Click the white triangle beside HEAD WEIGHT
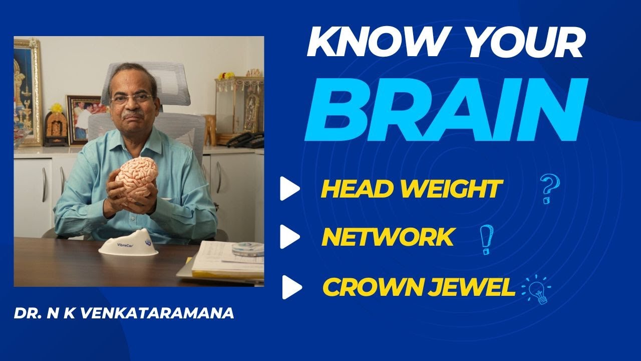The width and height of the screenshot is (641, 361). click(289, 189)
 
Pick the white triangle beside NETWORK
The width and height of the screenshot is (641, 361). click(289, 237)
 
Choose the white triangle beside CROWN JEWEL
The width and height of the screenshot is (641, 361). click(291, 287)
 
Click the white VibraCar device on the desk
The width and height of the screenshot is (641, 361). click(128, 244)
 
